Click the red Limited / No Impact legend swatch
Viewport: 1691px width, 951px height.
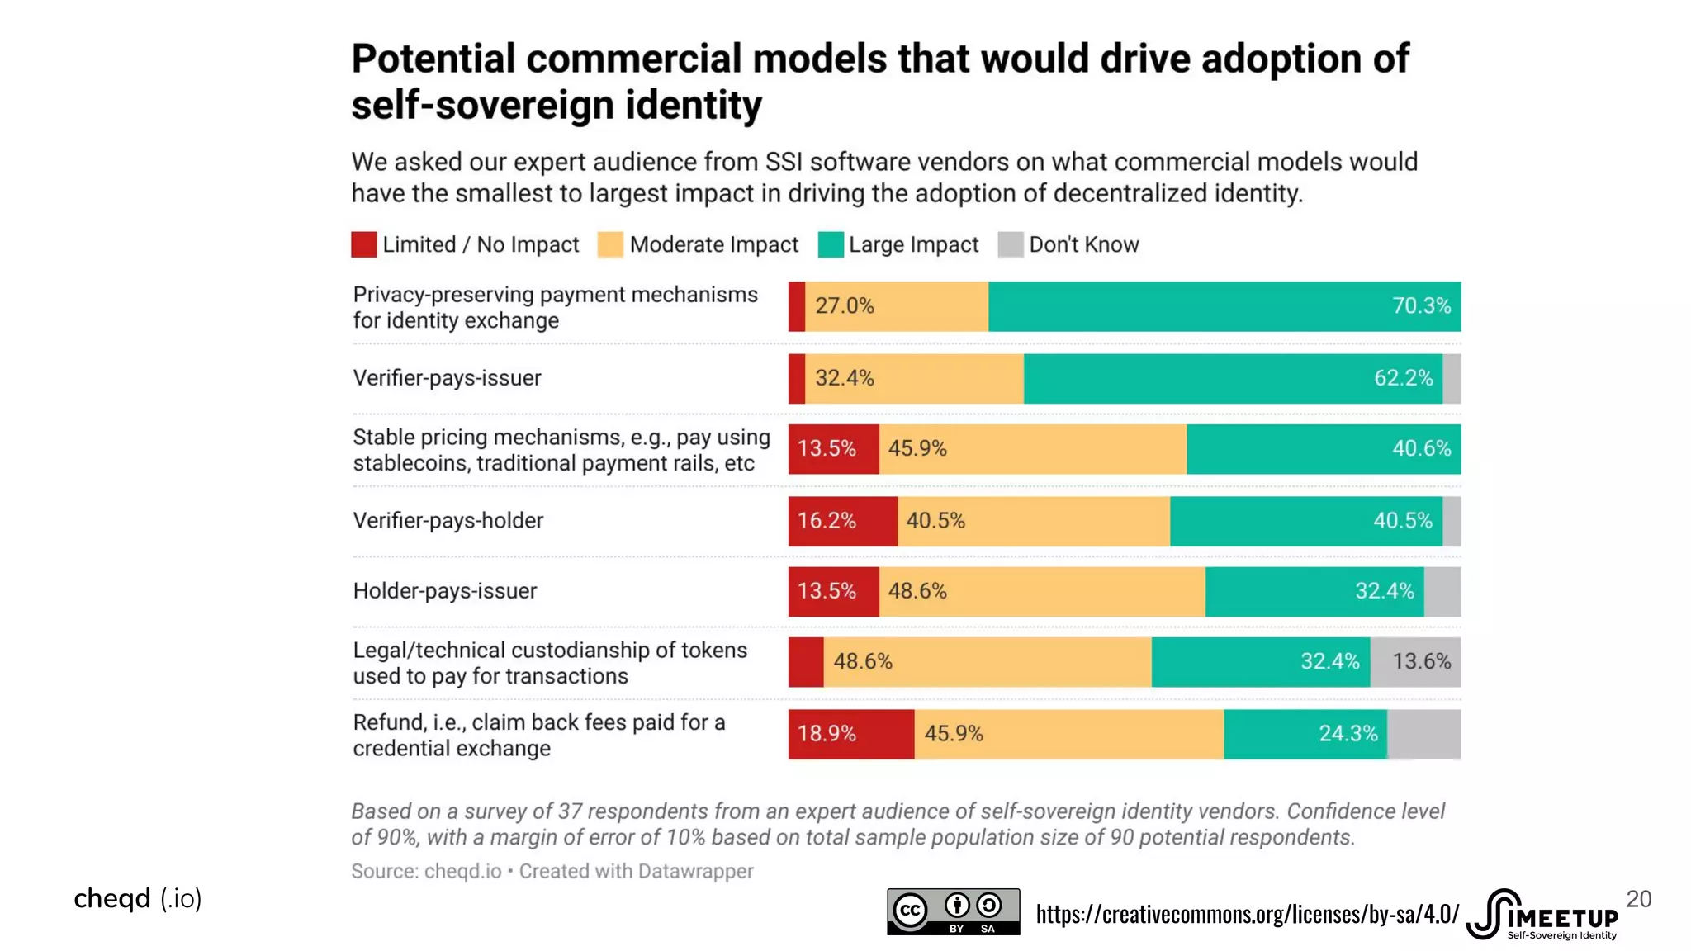(364, 245)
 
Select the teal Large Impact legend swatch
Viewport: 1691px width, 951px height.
(831, 245)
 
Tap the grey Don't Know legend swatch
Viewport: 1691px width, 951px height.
(1011, 245)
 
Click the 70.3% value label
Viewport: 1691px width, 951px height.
(1421, 306)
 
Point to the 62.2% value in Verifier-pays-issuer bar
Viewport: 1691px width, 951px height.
(1403, 378)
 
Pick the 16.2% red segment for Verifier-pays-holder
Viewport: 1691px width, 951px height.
(842, 521)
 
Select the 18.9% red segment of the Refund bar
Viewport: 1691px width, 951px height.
(850, 734)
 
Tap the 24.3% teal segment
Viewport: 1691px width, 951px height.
(1305, 734)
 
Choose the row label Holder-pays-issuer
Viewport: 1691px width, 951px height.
(445, 591)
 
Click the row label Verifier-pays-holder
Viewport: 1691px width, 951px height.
(448, 521)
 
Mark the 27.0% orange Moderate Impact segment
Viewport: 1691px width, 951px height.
(897, 306)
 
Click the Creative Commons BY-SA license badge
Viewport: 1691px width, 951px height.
(953, 911)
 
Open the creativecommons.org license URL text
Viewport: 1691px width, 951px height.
(1247, 914)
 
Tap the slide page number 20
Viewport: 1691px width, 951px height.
(1638, 899)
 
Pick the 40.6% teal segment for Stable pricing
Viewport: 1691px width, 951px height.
(1324, 449)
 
